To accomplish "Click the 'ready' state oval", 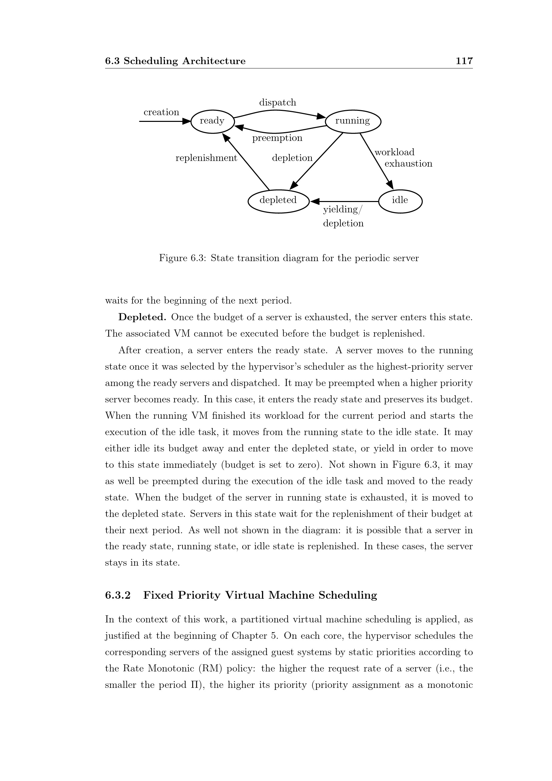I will click(213, 121).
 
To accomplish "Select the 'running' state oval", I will click(353, 121).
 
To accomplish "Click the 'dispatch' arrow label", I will click(278, 103).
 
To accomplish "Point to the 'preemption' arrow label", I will click(277, 138).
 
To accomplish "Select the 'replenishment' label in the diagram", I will click(206, 158).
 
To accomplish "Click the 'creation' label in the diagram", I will click(161, 112).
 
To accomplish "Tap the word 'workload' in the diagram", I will click(394, 152).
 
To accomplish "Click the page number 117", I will click(464, 61).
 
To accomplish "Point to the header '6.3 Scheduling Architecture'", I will click(175, 61).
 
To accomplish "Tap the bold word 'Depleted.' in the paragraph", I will click(142, 317).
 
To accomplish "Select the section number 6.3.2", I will click(117, 595).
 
